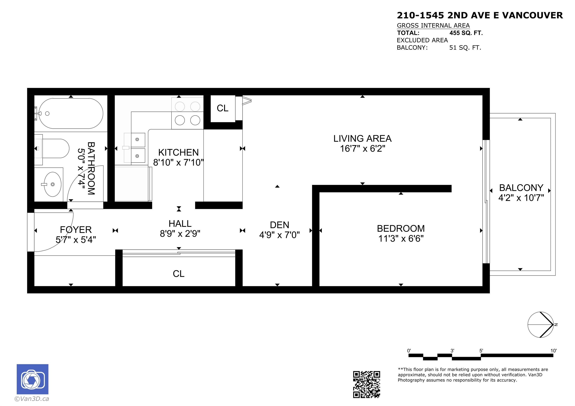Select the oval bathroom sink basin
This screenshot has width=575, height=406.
coord(52,184)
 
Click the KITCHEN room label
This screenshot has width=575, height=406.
coord(178,152)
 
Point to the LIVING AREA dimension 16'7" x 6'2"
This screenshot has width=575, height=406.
coord(362,149)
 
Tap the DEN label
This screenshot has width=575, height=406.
coord(279,225)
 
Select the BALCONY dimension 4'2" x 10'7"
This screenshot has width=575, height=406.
coord(521,198)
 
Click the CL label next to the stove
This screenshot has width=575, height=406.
coord(222,108)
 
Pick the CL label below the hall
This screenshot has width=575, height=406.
coord(179,274)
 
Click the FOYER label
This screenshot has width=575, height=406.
coord(76,230)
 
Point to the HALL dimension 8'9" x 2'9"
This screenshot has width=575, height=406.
coord(180,234)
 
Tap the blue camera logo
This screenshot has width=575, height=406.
coord(33,379)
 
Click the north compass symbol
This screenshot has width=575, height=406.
coord(540,325)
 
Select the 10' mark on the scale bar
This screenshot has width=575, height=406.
coord(553,351)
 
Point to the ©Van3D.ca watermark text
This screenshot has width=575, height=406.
coord(32,399)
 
